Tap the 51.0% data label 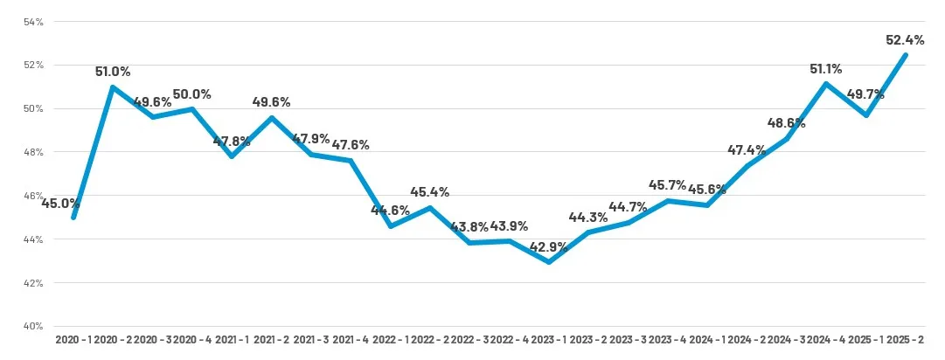(x=113, y=72)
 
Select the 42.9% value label (x=549, y=246)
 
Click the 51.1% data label (x=827, y=68)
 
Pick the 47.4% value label (x=746, y=150)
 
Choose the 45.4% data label (x=429, y=191)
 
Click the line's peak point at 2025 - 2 (x=906, y=55)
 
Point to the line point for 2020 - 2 (x=113, y=87)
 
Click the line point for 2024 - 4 (x=826, y=84)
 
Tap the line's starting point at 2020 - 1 (x=73, y=218)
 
